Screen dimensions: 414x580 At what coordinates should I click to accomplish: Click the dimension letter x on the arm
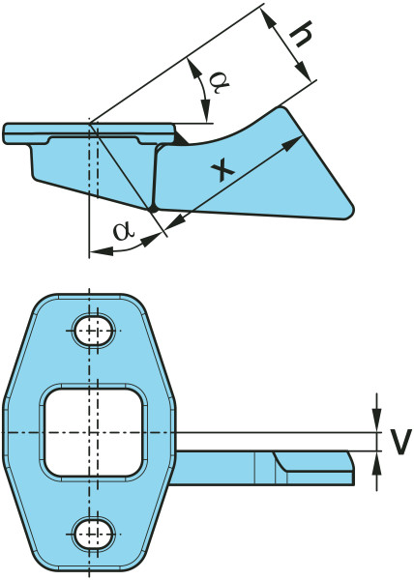[222, 170]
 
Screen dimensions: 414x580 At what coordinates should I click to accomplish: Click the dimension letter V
[401, 442]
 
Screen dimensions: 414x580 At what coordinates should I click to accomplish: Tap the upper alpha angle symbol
[219, 82]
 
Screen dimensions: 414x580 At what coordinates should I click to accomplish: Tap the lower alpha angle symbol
[124, 231]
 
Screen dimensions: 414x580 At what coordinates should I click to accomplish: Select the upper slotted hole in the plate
[93, 331]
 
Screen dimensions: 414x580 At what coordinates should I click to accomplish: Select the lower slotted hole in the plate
[93, 534]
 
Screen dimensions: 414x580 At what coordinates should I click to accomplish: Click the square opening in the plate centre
[94, 432]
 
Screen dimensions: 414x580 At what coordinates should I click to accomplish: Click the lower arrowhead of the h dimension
[303, 71]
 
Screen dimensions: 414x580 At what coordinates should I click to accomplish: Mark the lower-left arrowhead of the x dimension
[175, 221]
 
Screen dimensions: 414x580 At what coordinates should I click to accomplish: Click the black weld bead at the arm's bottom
[153, 210]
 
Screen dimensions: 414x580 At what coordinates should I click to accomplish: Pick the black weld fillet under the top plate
[182, 138]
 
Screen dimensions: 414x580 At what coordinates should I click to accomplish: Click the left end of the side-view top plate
[4, 133]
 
